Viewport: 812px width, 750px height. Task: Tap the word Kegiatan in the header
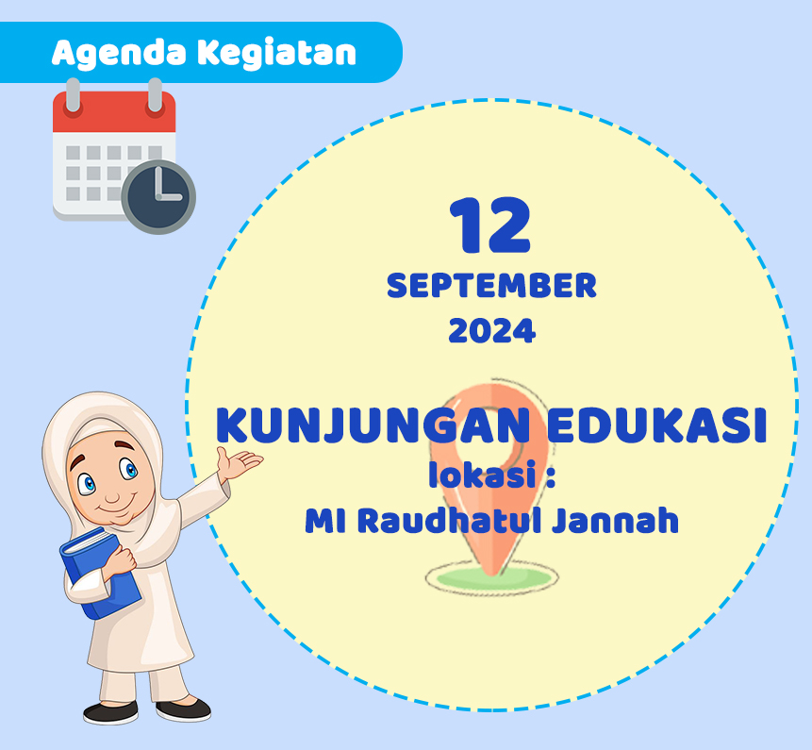pos(278,53)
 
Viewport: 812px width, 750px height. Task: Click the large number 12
pos(490,227)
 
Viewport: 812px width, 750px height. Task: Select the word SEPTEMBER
pos(491,286)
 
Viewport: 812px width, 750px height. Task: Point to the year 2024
pos(491,331)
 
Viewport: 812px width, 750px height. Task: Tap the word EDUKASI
pos(656,427)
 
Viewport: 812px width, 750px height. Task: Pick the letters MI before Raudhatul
pos(322,521)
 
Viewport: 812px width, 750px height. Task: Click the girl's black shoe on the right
pos(184,708)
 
